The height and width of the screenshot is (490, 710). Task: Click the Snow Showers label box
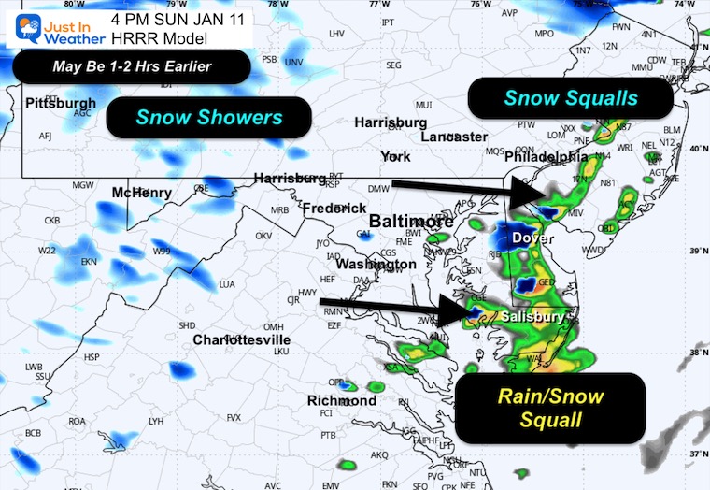click(x=208, y=118)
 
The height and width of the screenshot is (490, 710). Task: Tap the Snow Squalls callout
click(x=570, y=98)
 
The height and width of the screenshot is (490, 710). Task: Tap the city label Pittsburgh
click(x=61, y=102)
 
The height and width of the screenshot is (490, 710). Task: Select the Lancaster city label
click(x=454, y=137)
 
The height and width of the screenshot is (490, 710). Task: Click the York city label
click(x=395, y=156)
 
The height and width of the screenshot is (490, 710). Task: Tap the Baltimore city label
click(x=410, y=222)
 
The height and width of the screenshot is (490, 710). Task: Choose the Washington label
click(x=376, y=264)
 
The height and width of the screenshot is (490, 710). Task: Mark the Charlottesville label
click(x=242, y=339)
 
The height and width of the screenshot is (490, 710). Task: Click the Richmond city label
click(x=341, y=400)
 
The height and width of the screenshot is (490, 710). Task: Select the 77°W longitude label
click(x=378, y=5)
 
